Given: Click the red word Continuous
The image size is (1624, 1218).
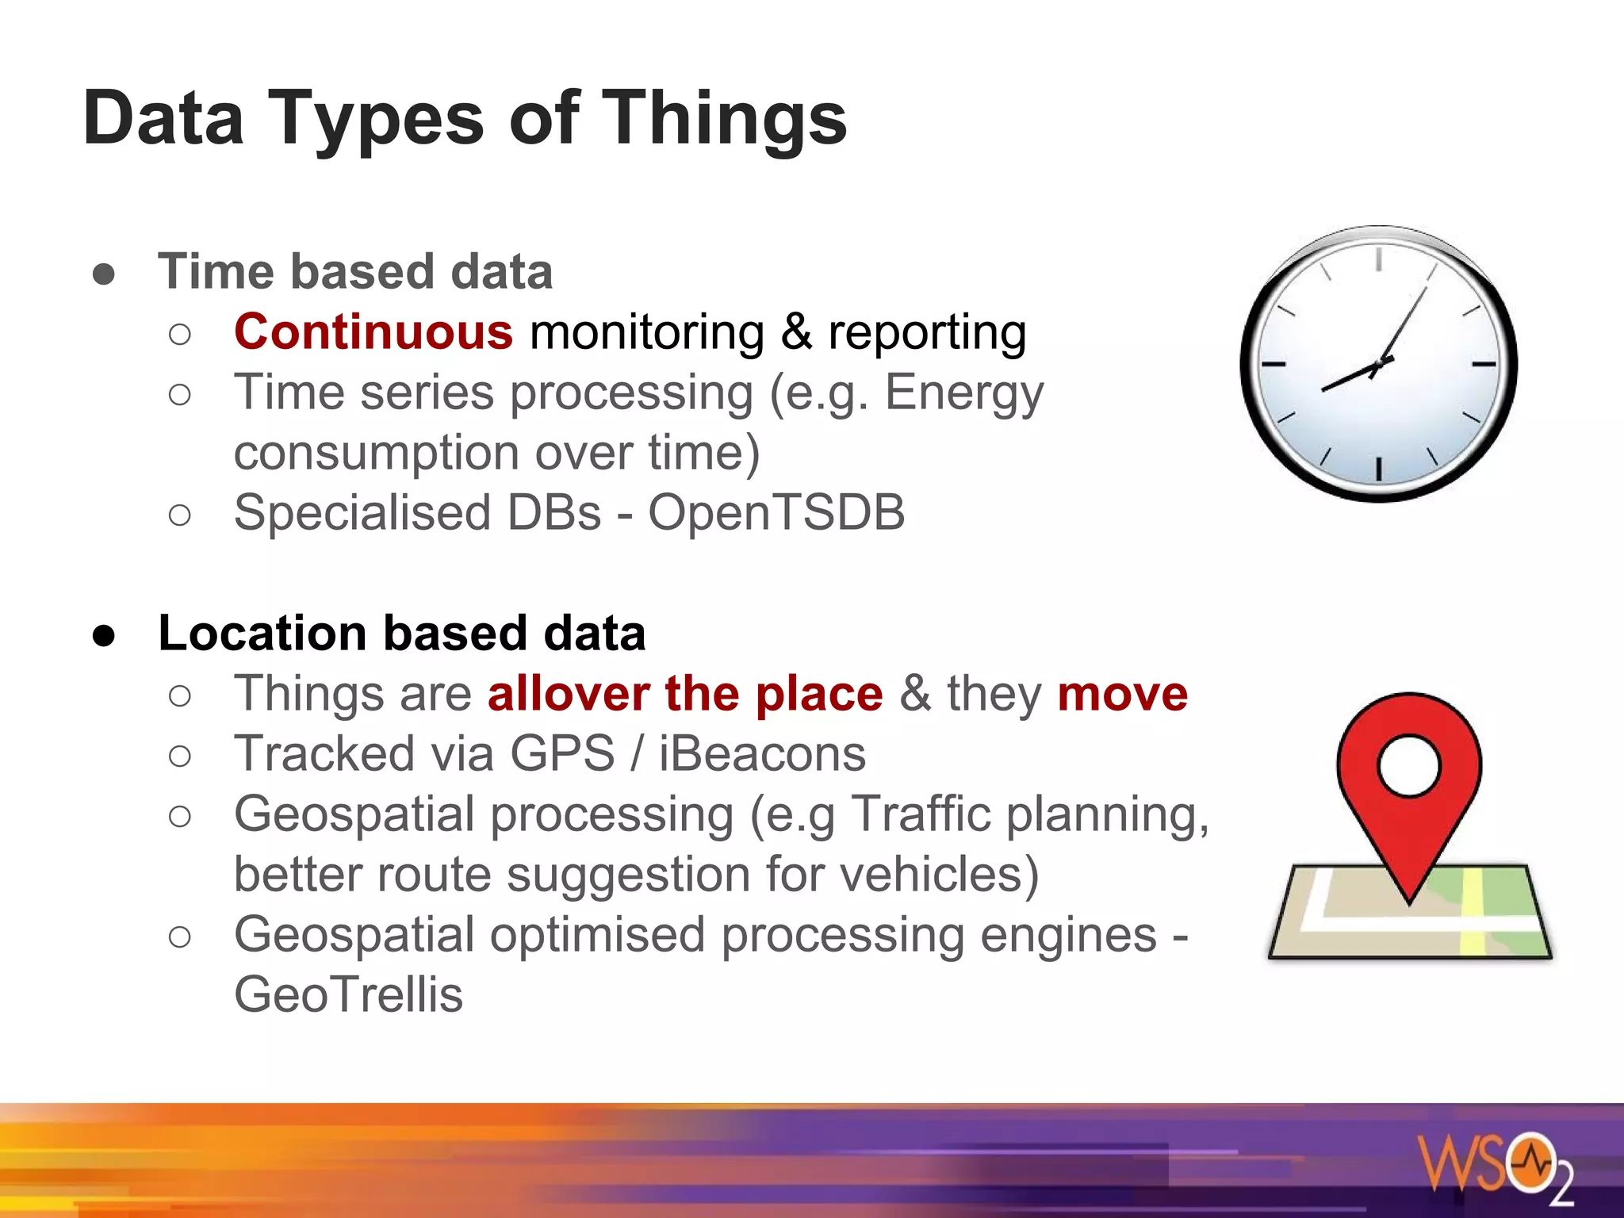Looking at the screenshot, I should (373, 331).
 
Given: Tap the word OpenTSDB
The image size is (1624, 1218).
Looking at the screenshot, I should (776, 512).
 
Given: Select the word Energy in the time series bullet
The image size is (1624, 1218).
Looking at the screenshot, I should (963, 393).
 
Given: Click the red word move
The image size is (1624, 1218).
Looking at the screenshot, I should (1122, 694).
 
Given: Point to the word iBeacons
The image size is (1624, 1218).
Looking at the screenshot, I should (762, 753).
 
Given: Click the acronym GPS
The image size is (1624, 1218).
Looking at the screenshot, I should (562, 753).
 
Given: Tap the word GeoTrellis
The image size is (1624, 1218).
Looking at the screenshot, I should (348, 994).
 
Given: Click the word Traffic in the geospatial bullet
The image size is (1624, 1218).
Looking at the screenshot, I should (921, 814).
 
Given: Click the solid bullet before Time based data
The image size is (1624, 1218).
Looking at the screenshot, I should (104, 274).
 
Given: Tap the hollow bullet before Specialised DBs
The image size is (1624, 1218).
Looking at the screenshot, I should (180, 515).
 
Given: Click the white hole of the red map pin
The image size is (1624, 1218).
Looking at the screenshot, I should (1408, 766).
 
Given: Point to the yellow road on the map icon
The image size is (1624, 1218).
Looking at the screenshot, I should (1473, 912).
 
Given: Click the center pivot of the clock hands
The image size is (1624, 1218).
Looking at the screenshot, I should (1380, 364).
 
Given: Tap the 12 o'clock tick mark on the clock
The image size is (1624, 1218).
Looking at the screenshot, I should (1379, 259).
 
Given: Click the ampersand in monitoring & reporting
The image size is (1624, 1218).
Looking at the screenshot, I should (797, 331).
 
